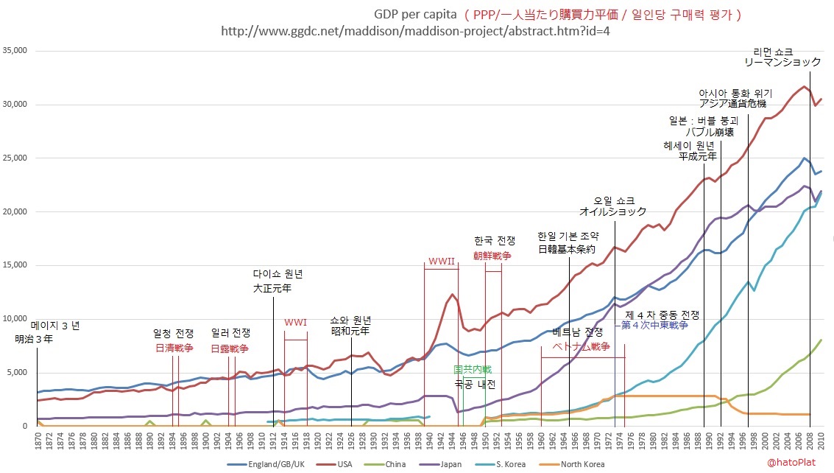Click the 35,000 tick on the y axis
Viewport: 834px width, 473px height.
coord(14,51)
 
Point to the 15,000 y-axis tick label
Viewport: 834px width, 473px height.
coord(14,265)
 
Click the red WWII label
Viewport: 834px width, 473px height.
coord(441,262)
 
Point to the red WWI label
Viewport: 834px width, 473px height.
coord(295,322)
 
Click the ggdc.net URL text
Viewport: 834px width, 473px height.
coord(416,32)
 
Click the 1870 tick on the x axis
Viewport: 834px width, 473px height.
coord(37,441)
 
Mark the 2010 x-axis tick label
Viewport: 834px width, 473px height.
coord(821,441)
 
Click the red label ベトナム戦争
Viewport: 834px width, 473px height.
coord(582,346)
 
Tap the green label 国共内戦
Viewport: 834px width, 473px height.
coord(472,369)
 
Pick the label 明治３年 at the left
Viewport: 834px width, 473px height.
coord(34,340)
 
